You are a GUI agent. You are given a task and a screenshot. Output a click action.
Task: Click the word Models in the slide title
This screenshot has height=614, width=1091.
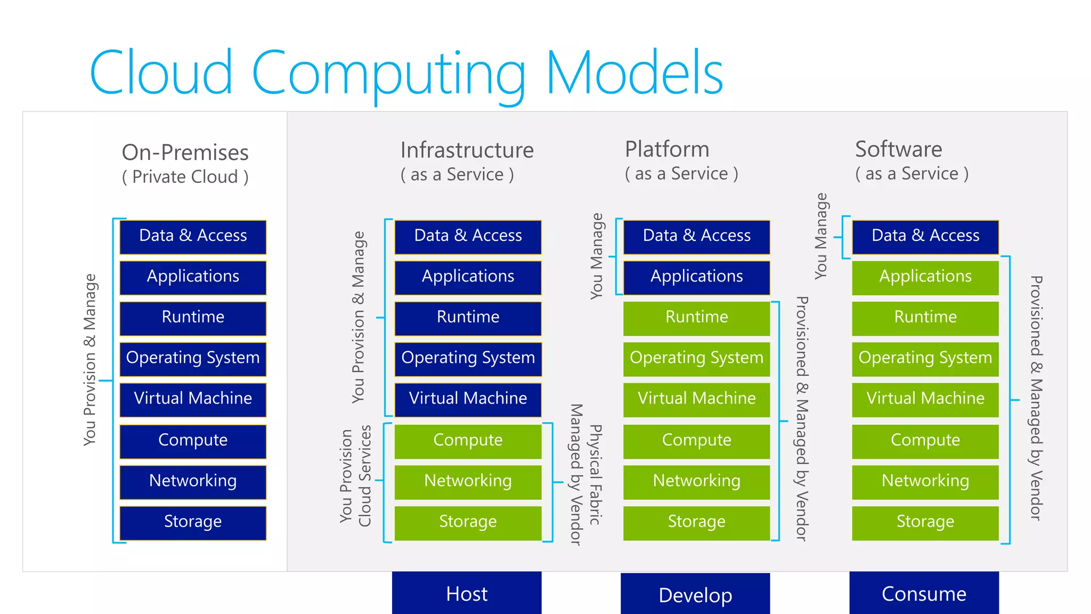[634, 73]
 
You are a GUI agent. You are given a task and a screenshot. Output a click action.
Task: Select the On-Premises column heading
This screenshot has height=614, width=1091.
[185, 152]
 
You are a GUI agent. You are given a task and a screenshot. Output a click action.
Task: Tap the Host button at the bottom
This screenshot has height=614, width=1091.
[467, 593]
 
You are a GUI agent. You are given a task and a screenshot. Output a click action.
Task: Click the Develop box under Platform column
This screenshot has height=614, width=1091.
[695, 594]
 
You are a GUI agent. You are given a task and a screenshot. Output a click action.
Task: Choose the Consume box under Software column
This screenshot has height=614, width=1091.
[924, 593]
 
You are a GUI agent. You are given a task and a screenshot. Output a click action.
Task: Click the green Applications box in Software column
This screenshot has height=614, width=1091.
[925, 277]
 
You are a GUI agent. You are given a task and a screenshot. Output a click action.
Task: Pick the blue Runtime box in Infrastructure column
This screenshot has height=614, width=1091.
[468, 318]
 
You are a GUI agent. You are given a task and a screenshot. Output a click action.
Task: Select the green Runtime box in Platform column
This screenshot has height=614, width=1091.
[696, 318]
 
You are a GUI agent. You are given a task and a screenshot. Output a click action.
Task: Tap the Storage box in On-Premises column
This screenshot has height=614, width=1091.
[193, 522]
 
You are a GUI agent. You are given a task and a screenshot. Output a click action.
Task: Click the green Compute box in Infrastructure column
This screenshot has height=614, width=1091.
[468, 440]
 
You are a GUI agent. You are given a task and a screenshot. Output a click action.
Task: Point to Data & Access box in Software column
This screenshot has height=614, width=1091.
[925, 236]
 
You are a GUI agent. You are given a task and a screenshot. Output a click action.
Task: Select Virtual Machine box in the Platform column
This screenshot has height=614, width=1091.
[696, 399]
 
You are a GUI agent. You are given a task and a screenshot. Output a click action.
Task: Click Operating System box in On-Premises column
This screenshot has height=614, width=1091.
[193, 358]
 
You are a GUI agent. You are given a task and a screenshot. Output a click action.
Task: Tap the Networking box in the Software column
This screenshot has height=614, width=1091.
[925, 481]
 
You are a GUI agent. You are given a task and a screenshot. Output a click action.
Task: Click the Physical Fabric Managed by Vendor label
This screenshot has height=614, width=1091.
[585, 474]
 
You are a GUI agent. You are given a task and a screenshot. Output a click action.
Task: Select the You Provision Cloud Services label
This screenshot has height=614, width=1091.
[355, 475]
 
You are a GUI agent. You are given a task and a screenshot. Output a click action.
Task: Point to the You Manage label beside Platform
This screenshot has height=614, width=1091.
[597, 256]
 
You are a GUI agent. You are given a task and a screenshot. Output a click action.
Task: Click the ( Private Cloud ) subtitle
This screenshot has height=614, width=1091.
[185, 177]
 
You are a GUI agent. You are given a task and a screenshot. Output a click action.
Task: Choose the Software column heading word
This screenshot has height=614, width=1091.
[898, 149]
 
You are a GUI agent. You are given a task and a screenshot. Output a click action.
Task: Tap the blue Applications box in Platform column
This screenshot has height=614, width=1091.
[696, 277]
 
